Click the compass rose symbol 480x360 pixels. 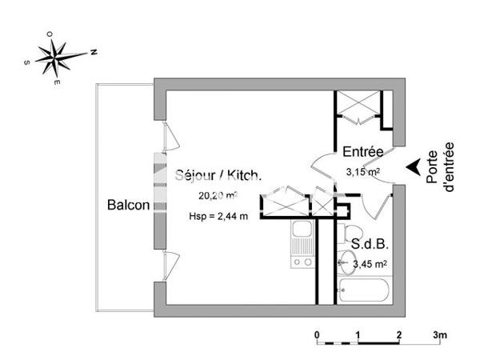58,57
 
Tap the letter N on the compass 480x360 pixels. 94,52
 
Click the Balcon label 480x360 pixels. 129,205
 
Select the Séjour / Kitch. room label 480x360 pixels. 218,176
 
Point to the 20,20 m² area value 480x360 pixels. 218,195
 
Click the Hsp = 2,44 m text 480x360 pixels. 218,215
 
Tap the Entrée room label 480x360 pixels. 363,152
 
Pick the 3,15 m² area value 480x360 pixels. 362,170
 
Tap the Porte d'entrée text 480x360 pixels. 442,166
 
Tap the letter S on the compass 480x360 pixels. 27,61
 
